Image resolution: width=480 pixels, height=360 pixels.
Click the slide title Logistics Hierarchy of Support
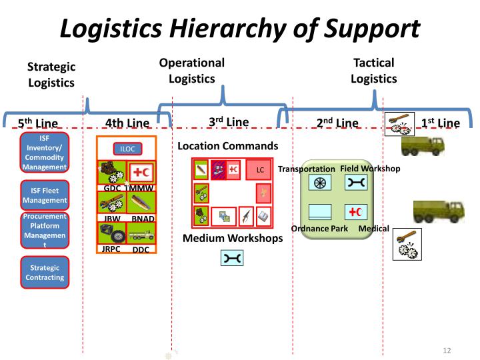[240, 28]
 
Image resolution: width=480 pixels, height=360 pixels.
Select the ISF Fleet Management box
[44, 195]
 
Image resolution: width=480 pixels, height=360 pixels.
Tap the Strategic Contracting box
[44, 272]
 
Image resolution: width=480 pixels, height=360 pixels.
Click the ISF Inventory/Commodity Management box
[44, 153]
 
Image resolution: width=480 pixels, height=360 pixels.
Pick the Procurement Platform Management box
[44, 231]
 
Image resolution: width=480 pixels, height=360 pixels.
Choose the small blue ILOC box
[127, 149]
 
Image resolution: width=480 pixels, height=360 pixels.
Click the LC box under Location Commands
[259, 170]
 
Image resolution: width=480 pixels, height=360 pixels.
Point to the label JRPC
[111, 249]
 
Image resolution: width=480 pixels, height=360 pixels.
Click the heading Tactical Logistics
[374, 71]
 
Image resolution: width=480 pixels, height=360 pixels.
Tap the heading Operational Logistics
[192, 71]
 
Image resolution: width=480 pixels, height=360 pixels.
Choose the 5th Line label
[38, 123]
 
